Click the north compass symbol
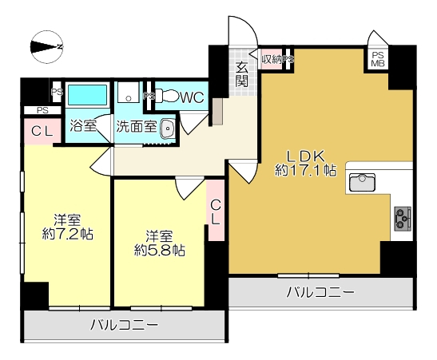point(46,47)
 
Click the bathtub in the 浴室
point(87,95)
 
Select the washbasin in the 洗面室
point(167,129)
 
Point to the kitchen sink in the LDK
point(362,182)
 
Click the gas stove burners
point(403,219)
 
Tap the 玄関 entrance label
point(241,74)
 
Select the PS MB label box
point(378,59)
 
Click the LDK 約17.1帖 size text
point(306,164)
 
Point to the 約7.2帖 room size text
point(67,234)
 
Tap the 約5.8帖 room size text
point(160,251)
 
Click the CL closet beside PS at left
point(42,132)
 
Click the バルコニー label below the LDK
point(320,292)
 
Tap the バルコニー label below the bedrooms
point(125,325)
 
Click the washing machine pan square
point(128,92)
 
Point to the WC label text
point(193,97)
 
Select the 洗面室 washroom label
point(137,127)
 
